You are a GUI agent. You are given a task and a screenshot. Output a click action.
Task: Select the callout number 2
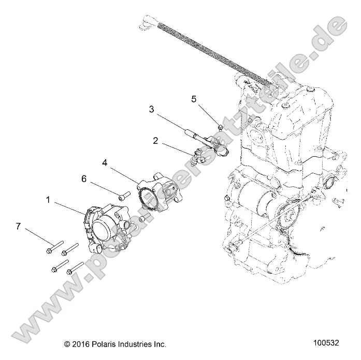pos(154,140)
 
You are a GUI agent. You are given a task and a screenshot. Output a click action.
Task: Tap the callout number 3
pos(151,109)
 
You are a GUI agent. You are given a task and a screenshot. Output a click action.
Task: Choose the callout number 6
pos(83,179)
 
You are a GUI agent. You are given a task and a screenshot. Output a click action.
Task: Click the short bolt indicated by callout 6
pos(123,196)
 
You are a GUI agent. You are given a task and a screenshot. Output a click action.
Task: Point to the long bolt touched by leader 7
pos(55,244)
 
